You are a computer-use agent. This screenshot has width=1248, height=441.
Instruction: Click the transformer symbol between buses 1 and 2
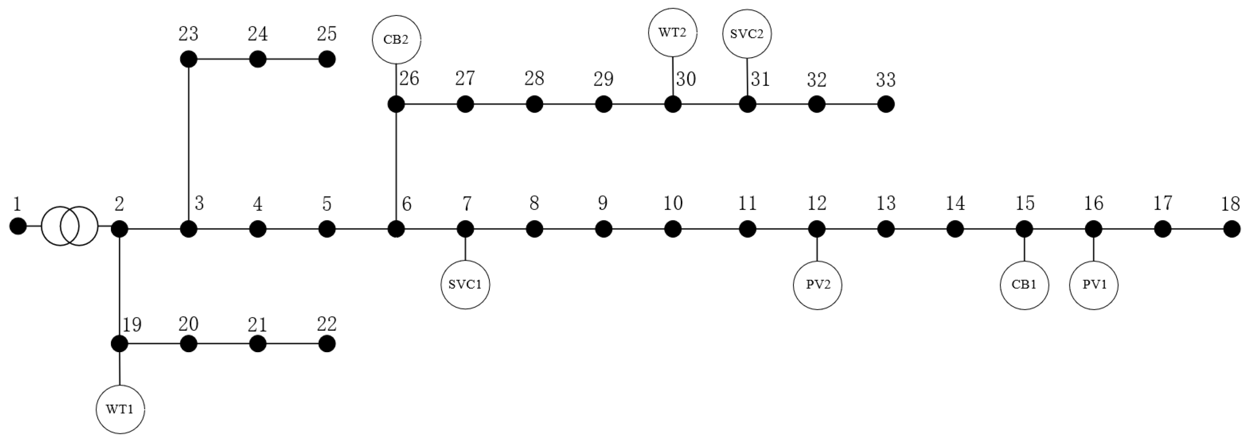69,226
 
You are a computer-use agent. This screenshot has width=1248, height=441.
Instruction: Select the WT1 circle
120,409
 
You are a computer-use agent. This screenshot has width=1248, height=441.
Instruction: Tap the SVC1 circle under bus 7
465,284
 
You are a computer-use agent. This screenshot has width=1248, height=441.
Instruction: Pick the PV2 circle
817,284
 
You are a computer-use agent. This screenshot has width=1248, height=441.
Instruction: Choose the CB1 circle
1024,284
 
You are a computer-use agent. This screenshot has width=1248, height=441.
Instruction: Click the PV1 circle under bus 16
1094,284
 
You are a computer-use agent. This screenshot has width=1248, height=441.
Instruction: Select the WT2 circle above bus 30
672,33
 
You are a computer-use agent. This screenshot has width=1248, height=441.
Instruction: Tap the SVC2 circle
747,34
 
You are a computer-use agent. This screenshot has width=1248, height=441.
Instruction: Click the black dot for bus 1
18,226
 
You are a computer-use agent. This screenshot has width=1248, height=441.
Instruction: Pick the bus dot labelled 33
886,104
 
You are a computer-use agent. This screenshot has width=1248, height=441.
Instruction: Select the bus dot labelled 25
327,59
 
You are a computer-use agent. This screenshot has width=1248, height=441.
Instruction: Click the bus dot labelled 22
327,344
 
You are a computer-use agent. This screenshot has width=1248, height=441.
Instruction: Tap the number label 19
132,325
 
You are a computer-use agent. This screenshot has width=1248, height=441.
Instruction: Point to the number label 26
409,79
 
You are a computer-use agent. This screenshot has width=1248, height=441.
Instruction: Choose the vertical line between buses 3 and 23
188,145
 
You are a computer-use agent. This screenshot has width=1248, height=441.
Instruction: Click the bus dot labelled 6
396,229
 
